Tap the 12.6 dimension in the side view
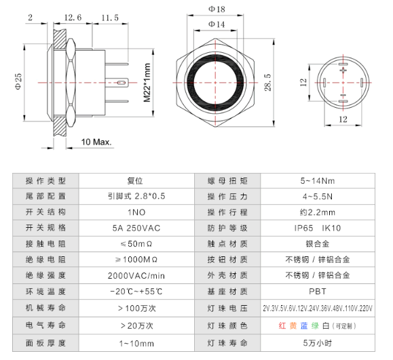[x=73, y=17]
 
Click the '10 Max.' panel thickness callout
[x=96, y=142]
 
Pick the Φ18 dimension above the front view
[x=216, y=9]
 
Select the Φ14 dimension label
[x=216, y=24]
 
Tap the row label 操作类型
[x=46, y=180]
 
